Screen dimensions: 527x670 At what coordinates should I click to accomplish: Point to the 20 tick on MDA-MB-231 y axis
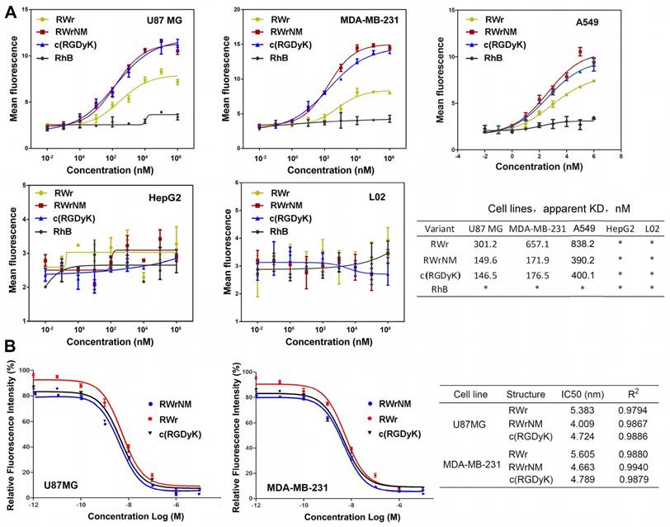pyautogui.click(x=236, y=10)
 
